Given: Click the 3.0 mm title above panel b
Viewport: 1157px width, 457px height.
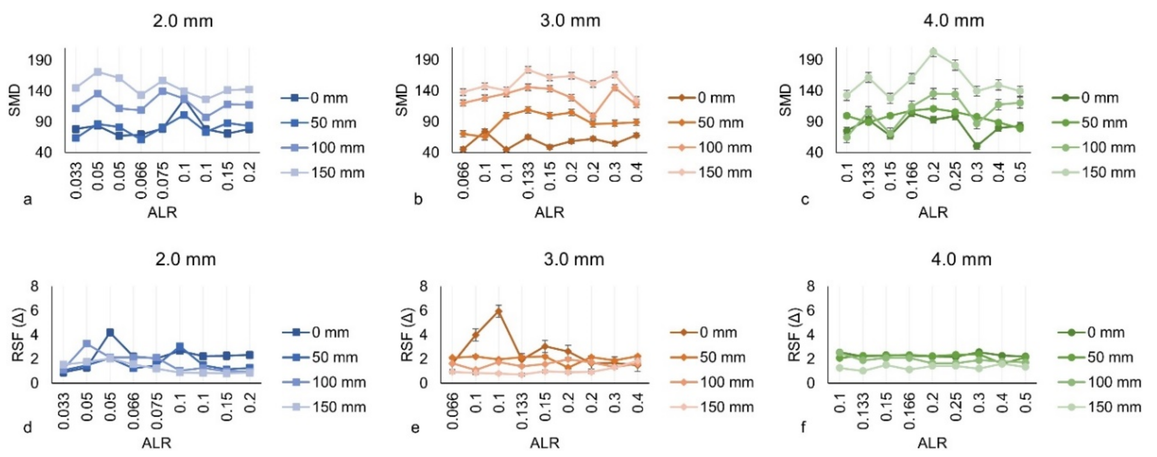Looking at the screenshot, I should (570, 21).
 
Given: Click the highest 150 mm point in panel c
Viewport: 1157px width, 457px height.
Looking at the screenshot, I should (933, 52).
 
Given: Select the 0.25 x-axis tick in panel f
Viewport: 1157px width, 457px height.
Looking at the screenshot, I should (956, 407).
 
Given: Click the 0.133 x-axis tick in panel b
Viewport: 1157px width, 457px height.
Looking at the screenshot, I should (528, 180).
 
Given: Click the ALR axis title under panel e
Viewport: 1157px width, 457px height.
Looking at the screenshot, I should (544, 443).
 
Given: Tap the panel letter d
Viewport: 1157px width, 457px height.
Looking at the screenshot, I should (27, 428).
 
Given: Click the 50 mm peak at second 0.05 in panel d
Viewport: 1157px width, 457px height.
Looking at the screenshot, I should (110, 333).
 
